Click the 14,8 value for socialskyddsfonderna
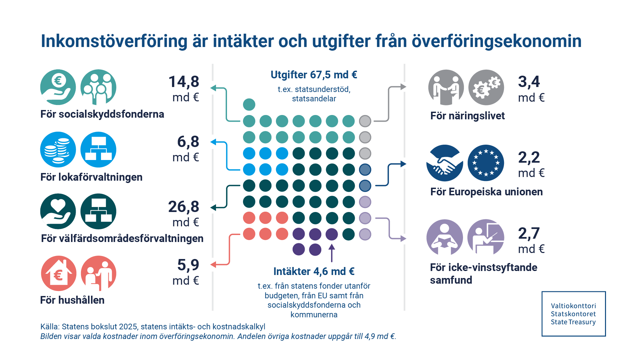click(184, 82)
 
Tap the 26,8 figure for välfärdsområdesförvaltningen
click(184, 207)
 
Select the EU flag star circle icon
click(486, 163)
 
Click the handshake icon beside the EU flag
click(445, 163)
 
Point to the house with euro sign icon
click(58, 273)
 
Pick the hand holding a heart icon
click(58, 211)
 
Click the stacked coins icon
click(58, 150)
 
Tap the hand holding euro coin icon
click(58, 87)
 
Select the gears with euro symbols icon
click(486, 87)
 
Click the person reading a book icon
click(445, 237)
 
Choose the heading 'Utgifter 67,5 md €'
click(314, 75)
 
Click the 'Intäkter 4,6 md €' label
click(314, 271)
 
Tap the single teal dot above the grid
click(249, 105)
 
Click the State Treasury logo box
click(573, 314)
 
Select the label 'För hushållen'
click(72, 300)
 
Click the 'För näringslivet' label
click(467, 116)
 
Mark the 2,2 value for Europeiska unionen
click(529, 157)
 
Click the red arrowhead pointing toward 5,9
click(213, 265)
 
